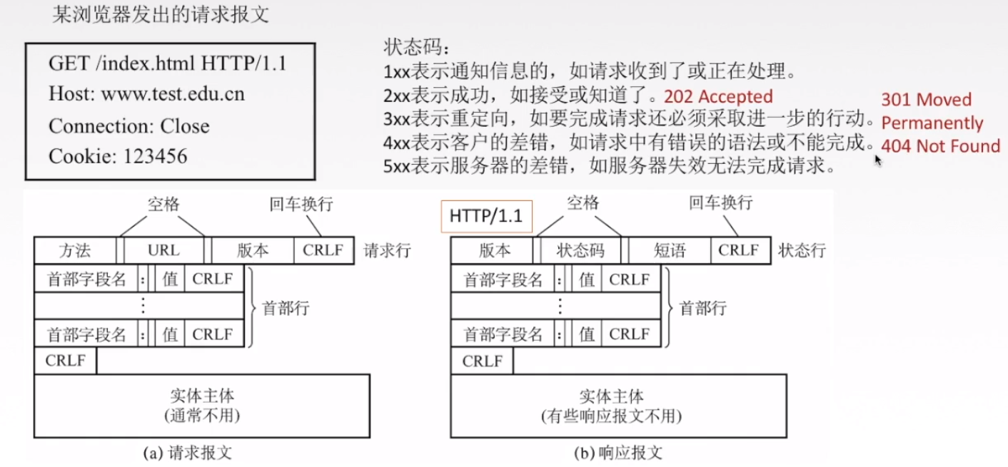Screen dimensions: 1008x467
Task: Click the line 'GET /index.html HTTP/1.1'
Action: tap(167, 63)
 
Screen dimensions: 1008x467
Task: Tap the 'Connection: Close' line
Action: tap(129, 126)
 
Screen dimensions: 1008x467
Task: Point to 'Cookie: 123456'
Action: tap(118, 156)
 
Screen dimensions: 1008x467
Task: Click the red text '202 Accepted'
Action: tap(718, 96)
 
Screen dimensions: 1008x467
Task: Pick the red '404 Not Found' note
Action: tap(940, 146)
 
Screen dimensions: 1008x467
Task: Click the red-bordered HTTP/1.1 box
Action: tap(486, 216)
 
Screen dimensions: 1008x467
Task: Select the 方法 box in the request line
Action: tap(74, 251)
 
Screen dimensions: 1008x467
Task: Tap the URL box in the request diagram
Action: tap(163, 251)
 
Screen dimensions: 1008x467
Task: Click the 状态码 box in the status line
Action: tap(580, 251)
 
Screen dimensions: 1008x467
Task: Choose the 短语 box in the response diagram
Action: tap(669, 251)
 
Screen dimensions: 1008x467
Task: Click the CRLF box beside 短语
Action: tap(739, 251)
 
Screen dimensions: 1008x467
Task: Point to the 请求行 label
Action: tap(387, 251)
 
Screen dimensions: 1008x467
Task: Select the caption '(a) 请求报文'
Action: tap(188, 453)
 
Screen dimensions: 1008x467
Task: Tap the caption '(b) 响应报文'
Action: tap(618, 453)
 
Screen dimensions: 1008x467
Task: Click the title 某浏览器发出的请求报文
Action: tap(161, 16)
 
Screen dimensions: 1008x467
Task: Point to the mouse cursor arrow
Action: tap(878, 160)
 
